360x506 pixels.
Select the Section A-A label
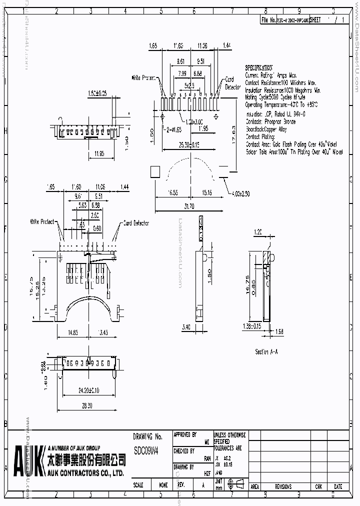click(x=266, y=352)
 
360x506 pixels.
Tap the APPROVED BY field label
click(x=184, y=435)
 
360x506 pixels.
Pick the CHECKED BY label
click(x=183, y=451)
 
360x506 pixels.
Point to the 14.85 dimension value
click(x=73, y=332)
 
